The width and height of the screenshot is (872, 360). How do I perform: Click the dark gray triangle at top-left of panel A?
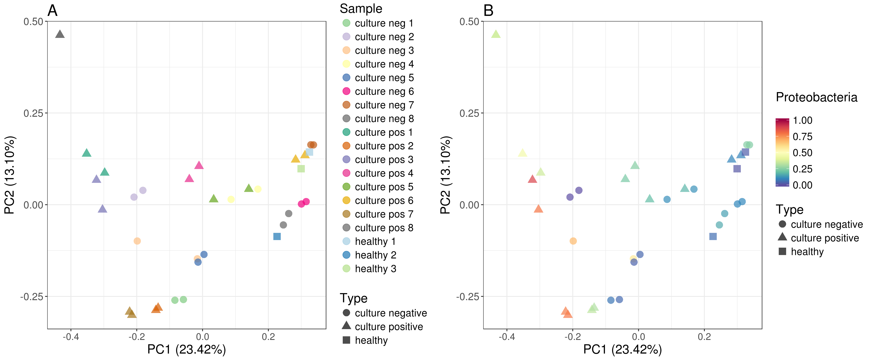tap(60, 34)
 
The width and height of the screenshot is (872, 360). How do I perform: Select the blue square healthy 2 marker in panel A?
tap(277, 236)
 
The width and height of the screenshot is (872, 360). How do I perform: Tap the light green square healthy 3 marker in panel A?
tap(301, 168)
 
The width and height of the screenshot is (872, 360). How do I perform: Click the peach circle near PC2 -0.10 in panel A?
tap(137, 241)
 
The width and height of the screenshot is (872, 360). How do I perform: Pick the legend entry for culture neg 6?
tap(384, 91)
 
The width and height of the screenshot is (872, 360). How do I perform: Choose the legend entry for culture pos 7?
tap(384, 214)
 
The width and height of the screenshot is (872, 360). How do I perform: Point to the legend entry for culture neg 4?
tap(384, 64)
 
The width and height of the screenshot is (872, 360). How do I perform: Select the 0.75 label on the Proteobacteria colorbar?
tap(802, 137)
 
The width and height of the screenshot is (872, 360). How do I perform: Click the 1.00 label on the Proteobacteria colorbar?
tap(802, 121)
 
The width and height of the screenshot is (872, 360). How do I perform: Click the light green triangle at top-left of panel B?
tap(496, 34)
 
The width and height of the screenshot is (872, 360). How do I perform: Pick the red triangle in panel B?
tap(532, 179)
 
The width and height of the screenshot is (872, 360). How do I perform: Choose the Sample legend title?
tap(361, 9)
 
